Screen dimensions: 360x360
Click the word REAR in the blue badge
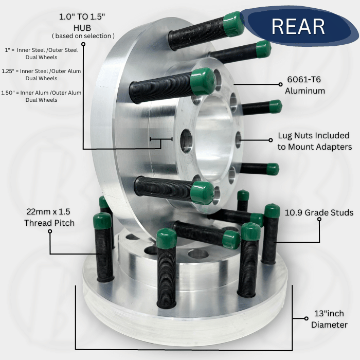(298, 26)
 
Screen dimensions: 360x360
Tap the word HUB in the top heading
(82, 28)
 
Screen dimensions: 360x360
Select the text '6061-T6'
(304, 79)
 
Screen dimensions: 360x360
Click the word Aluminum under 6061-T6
(305, 91)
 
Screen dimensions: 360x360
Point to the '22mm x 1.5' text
(48, 211)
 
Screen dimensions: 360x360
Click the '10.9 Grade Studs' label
(319, 212)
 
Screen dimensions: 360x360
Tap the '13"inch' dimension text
(329, 313)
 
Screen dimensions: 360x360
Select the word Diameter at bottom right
(329, 325)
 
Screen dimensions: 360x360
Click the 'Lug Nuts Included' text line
(314, 135)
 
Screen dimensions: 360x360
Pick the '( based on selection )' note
(83, 36)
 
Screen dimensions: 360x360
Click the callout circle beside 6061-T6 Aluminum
(280, 84)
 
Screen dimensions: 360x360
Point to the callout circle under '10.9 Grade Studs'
(319, 219)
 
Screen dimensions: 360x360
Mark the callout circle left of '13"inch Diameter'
(307, 318)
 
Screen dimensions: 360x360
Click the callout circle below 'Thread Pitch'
(50, 231)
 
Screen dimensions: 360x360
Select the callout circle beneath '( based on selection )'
(83, 44)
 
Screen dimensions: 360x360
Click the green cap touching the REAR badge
(233, 24)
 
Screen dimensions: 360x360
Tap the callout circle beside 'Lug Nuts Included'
(271, 140)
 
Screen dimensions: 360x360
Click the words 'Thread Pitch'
(49, 223)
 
